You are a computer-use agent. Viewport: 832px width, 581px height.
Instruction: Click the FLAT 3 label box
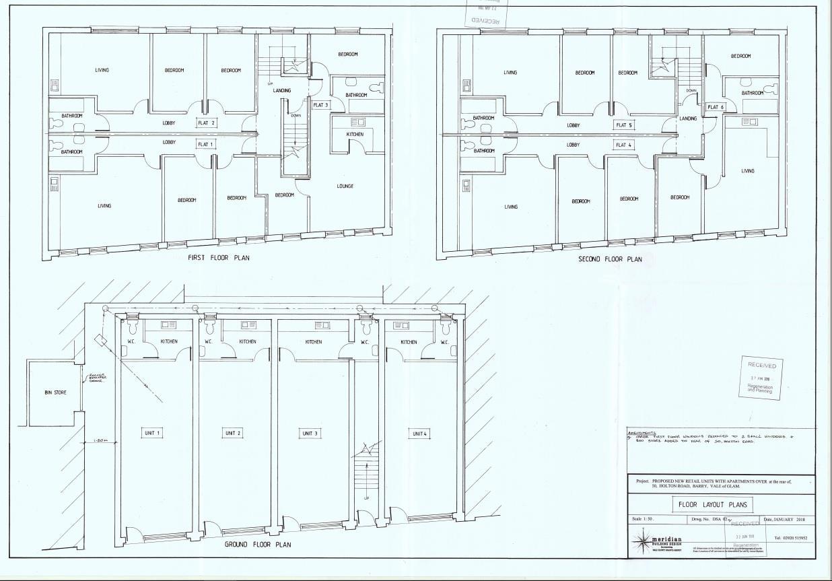pyautogui.click(x=321, y=105)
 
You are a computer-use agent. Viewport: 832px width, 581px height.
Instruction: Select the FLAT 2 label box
pyautogui.click(x=207, y=123)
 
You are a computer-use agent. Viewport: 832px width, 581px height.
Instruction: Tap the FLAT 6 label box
pyautogui.click(x=716, y=107)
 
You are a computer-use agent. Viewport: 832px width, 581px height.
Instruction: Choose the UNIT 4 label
pyautogui.click(x=419, y=434)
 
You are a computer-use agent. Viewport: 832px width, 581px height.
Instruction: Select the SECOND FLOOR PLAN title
pyautogui.click(x=610, y=259)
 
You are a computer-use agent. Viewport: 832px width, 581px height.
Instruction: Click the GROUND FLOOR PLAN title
pyautogui.click(x=258, y=544)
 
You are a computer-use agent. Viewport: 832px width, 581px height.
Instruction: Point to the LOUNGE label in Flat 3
pyautogui.click(x=345, y=186)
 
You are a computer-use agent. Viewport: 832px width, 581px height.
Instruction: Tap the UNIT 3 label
pyautogui.click(x=310, y=433)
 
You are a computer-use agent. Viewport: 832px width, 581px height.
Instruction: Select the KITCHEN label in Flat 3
pyautogui.click(x=355, y=134)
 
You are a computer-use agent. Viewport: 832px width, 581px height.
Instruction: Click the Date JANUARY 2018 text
pyautogui.click(x=789, y=520)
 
